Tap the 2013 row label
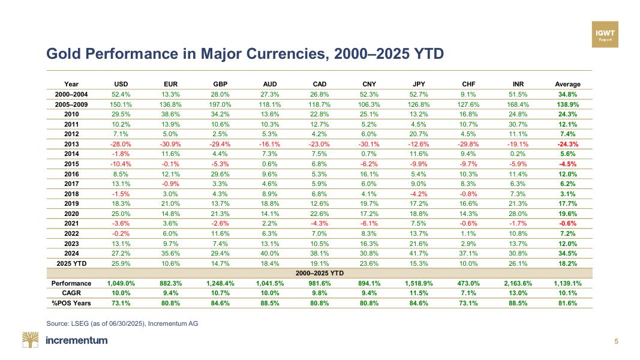click(x=71, y=143)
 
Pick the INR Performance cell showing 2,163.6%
click(x=517, y=283)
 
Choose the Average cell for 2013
click(x=567, y=143)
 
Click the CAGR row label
click(x=71, y=293)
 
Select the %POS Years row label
click(x=71, y=303)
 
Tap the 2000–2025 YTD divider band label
click(x=319, y=273)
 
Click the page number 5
click(x=616, y=341)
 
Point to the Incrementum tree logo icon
click(x=31, y=340)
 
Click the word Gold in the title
click(x=64, y=55)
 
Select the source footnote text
click(x=122, y=323)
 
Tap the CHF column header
click(x=469, y=84)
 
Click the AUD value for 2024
click(x=270, y=253)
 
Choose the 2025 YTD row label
click(x=71, y=263)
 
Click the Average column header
click(x=567, y=84)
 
